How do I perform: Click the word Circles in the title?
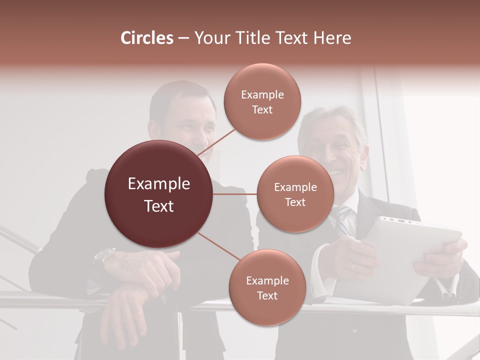(146, 38)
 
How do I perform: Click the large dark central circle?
(158, 194)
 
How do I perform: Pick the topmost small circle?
(262, 101)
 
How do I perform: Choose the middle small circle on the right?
(295, 194)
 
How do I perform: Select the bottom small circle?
(267, 287)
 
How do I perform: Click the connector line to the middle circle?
(235, 194)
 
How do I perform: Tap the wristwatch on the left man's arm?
(103, 256)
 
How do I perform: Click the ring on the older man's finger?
(353, 266)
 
